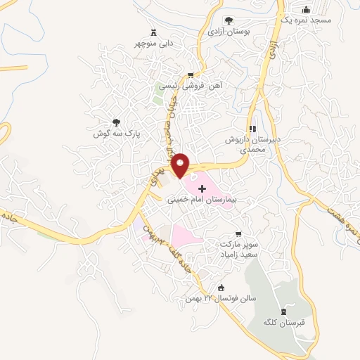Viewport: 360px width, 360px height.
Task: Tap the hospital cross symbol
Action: point(202,188)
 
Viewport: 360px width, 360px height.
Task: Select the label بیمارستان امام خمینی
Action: point(201,200)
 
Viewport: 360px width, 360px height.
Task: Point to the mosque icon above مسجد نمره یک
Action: point(306,9)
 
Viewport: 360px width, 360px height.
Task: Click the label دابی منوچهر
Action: point(155,43)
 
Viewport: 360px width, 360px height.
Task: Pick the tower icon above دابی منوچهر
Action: point(154,32)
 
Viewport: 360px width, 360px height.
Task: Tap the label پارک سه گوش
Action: point(117,132)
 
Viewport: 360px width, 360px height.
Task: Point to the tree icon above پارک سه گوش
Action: point(117,122)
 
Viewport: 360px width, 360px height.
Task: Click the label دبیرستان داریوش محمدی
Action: point(252,144)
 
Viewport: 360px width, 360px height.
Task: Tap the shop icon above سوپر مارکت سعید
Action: point(238,233)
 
